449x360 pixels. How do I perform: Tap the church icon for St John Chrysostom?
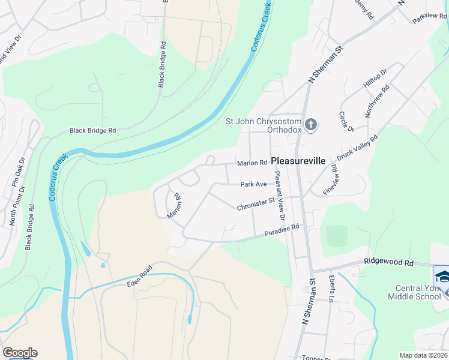[310, 125]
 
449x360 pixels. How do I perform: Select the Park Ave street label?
[253, 185]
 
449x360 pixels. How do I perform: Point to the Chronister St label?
[255, 206]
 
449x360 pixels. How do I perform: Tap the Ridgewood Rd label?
[389, 263]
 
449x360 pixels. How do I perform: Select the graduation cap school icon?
[442, 277]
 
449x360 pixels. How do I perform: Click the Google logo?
[20, 353]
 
